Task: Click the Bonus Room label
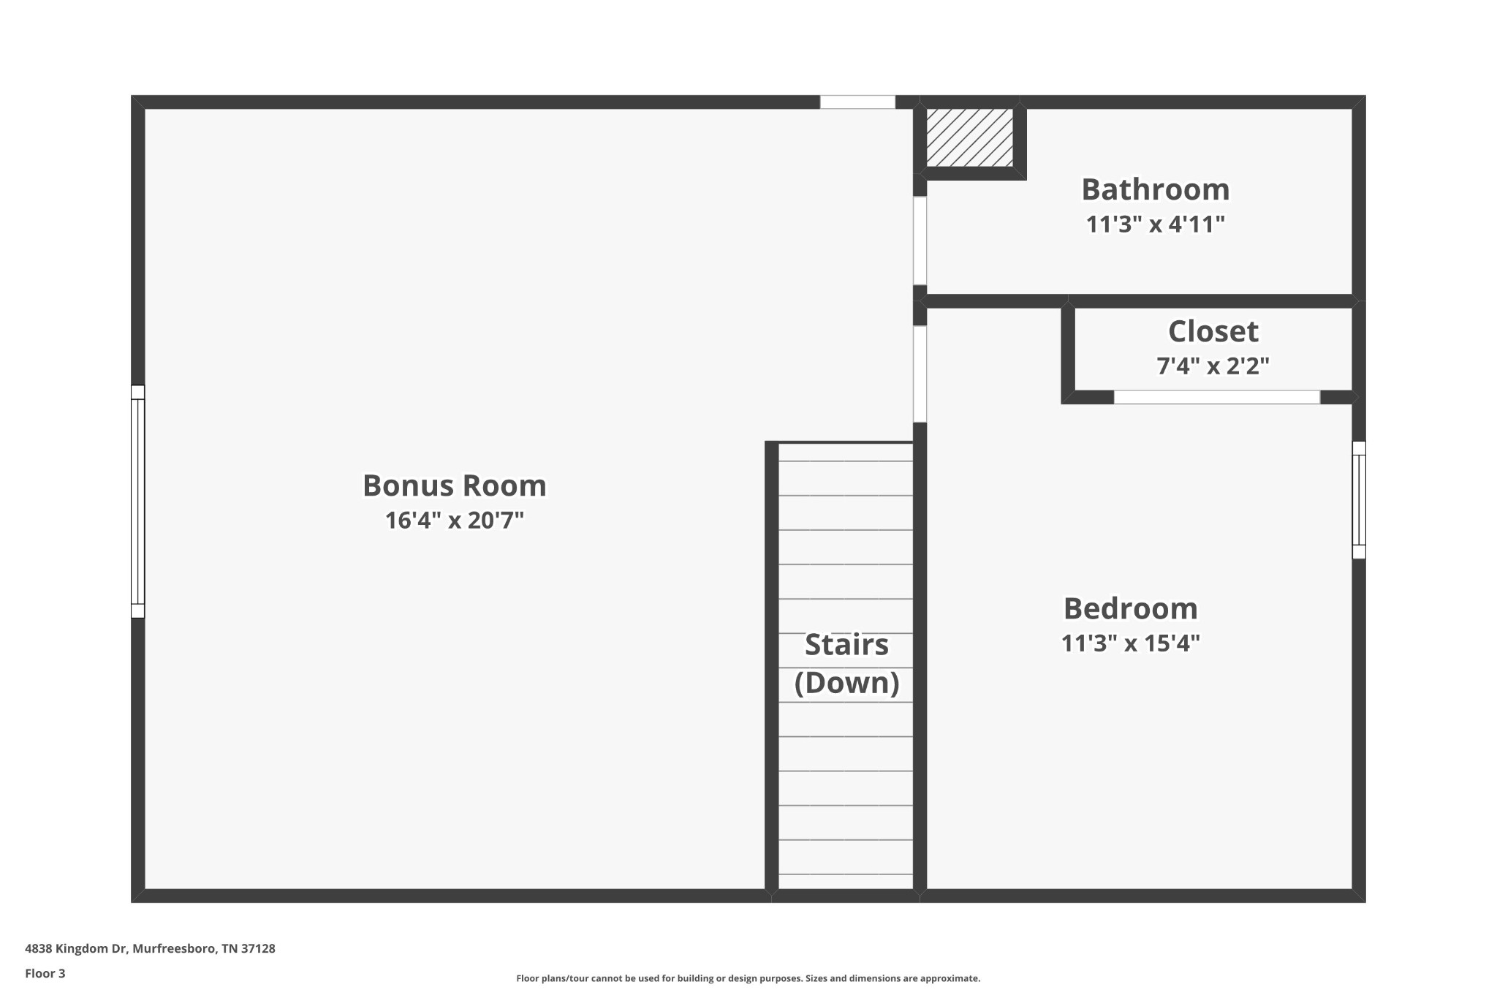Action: click(x=454, y=485)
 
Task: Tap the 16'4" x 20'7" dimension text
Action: click(x=454, y=521)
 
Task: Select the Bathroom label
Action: click(x=1155, y=189)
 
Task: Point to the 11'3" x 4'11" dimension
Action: click(x=1155, y=224)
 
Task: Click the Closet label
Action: click(x=1213, y=331)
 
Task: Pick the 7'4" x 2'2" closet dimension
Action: click(x=1213, y=365)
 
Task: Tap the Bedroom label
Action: click(x=1130, y=608)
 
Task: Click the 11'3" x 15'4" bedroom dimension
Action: click(x=1130, y=643)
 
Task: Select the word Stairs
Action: click(x=846, y=645)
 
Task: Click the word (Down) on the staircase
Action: click(x=846, y=683)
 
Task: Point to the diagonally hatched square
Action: click(x=969, y=137)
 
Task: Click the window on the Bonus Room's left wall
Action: click(x=137, y=502)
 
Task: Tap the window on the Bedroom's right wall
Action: click(x=1359, y=500)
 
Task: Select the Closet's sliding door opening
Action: click(x=1216, y=397)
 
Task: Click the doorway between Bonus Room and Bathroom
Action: click(x=920, y=241)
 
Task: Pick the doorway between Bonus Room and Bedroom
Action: click(x=920, y=374)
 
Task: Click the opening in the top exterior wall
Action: click(x=857, y=102)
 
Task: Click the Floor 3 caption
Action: click(x=45, y=974)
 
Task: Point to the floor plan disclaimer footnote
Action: click(x=748, y=978)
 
